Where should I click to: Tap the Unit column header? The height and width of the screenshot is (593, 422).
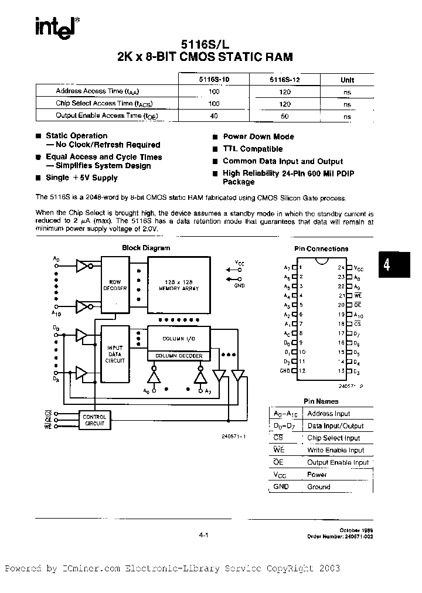tap(347, 80)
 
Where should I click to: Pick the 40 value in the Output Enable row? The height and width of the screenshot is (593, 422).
tap(213, 116)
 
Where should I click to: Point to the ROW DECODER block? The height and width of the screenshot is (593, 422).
tap(114, 285)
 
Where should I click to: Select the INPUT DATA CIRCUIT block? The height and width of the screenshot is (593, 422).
tap(115, 353)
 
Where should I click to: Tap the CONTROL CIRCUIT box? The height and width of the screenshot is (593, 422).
tap(94, 420)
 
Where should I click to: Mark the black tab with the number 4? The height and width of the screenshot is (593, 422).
tap(386, 265)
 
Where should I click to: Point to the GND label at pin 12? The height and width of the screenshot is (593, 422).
tap(285, 370)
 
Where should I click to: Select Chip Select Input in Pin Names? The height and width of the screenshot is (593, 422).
tap(333, 438)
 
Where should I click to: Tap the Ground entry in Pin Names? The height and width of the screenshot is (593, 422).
tap(318, 486)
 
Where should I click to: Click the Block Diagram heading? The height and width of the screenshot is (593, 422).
tap(146, 248)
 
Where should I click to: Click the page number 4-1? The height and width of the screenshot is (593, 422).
tap(204, 534)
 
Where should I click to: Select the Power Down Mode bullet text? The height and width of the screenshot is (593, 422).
tap(258, 137)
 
